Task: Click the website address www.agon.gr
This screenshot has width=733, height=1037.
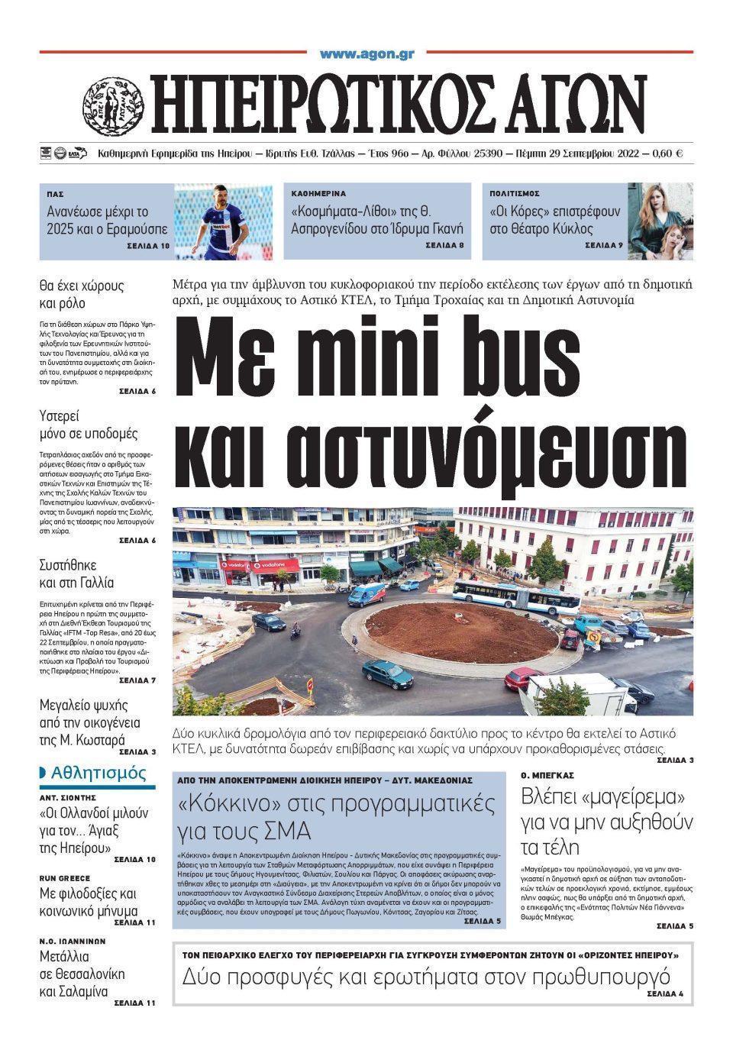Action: click(x=366, y=53)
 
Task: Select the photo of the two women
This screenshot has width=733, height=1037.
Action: click(x=660, y=221)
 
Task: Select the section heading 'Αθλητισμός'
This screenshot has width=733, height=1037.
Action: click(x=98, y=773)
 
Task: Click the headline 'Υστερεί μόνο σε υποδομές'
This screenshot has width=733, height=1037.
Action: click(x=89, y=425)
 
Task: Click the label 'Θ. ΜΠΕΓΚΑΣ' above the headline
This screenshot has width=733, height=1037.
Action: click(x=547, y=775)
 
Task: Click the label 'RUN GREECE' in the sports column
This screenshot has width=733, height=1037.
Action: click(x=65, y=879)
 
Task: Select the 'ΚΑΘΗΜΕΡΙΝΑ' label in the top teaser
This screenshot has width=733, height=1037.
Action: click(x=318, y=194)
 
